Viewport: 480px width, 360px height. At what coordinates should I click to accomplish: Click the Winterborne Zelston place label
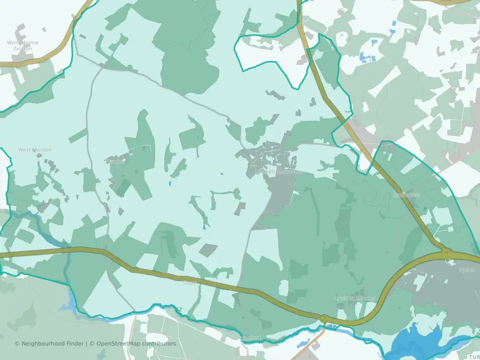tap(21, 45)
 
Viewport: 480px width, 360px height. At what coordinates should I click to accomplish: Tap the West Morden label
tap(35, 149)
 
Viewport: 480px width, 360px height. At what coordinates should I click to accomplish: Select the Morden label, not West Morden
tap(116, 161)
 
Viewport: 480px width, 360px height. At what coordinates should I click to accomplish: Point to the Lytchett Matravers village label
tap(279, 171)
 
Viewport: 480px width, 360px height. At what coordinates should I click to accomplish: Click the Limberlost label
tap(406, 194)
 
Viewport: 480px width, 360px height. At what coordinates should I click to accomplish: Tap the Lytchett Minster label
tap(354, 298)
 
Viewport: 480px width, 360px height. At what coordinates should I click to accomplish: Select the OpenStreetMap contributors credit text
tap(136, 343)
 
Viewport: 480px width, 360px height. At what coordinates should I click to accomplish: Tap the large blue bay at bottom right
tap(415, 342)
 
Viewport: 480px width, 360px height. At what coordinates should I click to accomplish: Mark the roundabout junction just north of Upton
tap(446, 251)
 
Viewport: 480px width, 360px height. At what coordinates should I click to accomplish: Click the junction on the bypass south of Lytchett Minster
tap(324, 318)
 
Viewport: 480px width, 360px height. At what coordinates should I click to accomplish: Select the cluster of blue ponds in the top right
tap(367, 57)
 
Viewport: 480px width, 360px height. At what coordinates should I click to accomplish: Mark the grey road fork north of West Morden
tap(102, 66)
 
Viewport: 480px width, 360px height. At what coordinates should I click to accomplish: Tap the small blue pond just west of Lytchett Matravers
tap(221, 174)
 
